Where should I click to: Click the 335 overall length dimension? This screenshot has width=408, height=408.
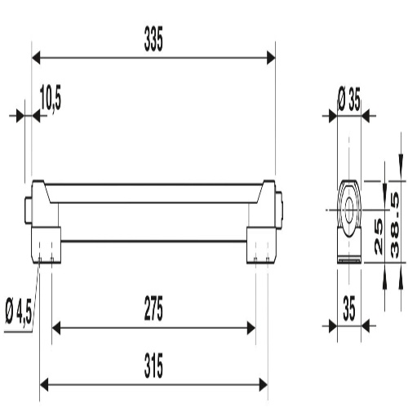point(153,39)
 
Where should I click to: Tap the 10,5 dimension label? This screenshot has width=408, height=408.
point(51,98)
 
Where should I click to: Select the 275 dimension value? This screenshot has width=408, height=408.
point(153,308)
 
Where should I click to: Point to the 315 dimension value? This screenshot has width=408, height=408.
point(153,366)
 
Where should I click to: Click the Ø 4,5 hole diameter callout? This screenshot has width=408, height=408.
point(19,311)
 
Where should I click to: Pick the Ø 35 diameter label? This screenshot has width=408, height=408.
point(349,100)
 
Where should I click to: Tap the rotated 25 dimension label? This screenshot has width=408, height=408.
point(379,237)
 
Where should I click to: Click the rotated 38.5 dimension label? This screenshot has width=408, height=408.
point(395,225)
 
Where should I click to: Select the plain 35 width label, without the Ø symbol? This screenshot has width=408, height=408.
point(349,308)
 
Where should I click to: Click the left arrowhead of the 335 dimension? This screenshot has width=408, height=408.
point(36,58)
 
